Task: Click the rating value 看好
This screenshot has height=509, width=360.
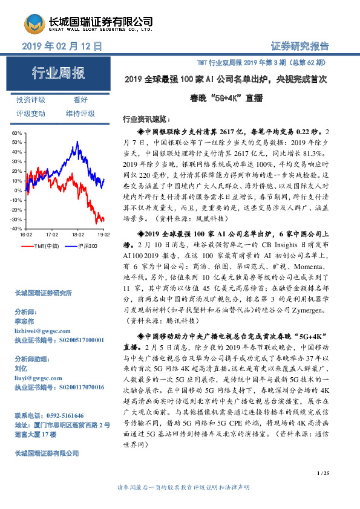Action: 80,100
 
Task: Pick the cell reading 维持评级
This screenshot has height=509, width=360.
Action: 80,113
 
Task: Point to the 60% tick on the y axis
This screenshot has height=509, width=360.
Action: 18,132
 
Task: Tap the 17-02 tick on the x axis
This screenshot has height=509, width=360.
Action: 52,233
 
